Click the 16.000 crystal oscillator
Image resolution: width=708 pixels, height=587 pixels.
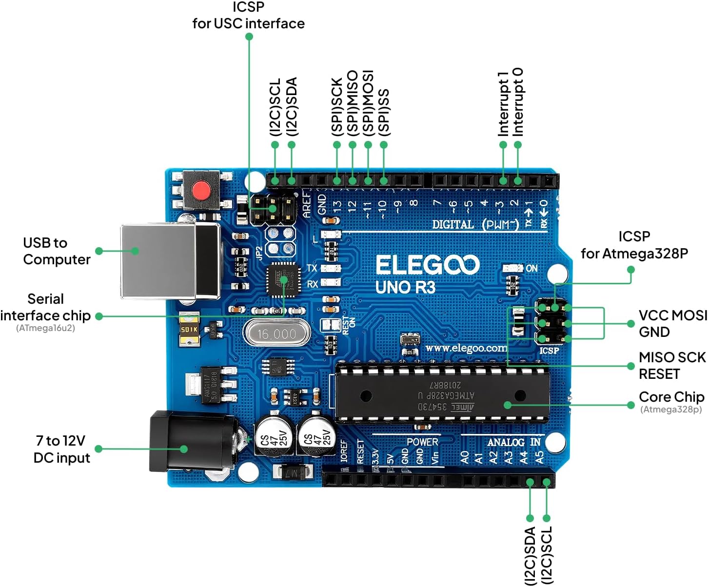click(x=276, y=334)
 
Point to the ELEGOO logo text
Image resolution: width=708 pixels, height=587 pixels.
click(x=427, y=266)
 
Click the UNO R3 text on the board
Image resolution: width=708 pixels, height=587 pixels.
click(x=405, y=288)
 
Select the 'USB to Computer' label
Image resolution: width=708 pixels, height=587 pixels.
click(x=56, y=251)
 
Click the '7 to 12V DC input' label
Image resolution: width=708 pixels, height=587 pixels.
click(x=61, y=449)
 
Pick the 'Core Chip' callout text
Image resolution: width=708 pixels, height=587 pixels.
click(x=671, y=397)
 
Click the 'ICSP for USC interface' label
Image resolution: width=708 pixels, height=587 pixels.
click(x=248, y=16)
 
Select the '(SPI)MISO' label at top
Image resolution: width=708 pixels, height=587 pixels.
click(x=353, y=103)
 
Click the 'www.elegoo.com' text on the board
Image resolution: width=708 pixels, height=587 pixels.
click(x=466, y=348)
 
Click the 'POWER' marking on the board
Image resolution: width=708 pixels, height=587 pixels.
click(x=422, y=442)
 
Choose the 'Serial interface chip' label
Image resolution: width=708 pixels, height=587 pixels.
click(x=45, y=307)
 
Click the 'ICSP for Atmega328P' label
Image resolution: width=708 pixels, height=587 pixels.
click(x=634, y=245)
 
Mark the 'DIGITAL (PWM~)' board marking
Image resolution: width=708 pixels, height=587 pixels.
click(x=475, y=224)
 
